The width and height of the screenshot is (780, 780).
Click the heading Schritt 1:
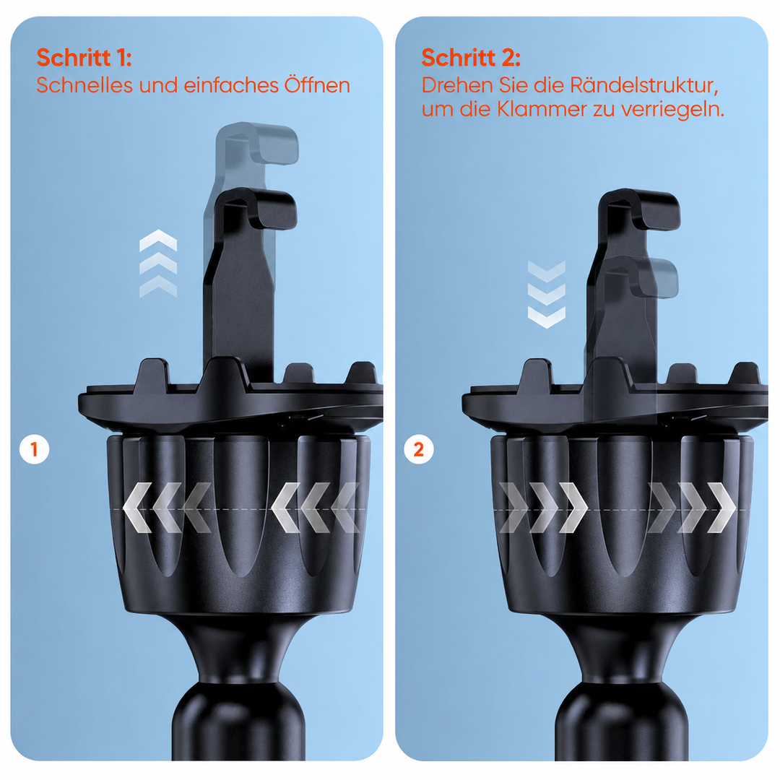[x=84, y=58]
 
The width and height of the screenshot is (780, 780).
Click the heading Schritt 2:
[x=471, y=58]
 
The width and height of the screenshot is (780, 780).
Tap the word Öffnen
[x=317, y=85]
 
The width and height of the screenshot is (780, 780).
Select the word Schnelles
[x=85, y=85]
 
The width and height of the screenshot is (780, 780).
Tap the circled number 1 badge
[x=35, y=450]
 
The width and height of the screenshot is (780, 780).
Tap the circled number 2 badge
[x=419, y=450]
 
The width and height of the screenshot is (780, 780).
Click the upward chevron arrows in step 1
[x=158, y=264]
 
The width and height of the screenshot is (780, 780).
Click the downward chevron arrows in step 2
[x=547, y=295]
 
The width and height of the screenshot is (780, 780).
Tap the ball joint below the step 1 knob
[x=239, y=722]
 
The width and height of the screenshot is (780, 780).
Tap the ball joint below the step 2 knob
[x=623, y=722]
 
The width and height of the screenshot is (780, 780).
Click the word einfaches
[x=228, y=85]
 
